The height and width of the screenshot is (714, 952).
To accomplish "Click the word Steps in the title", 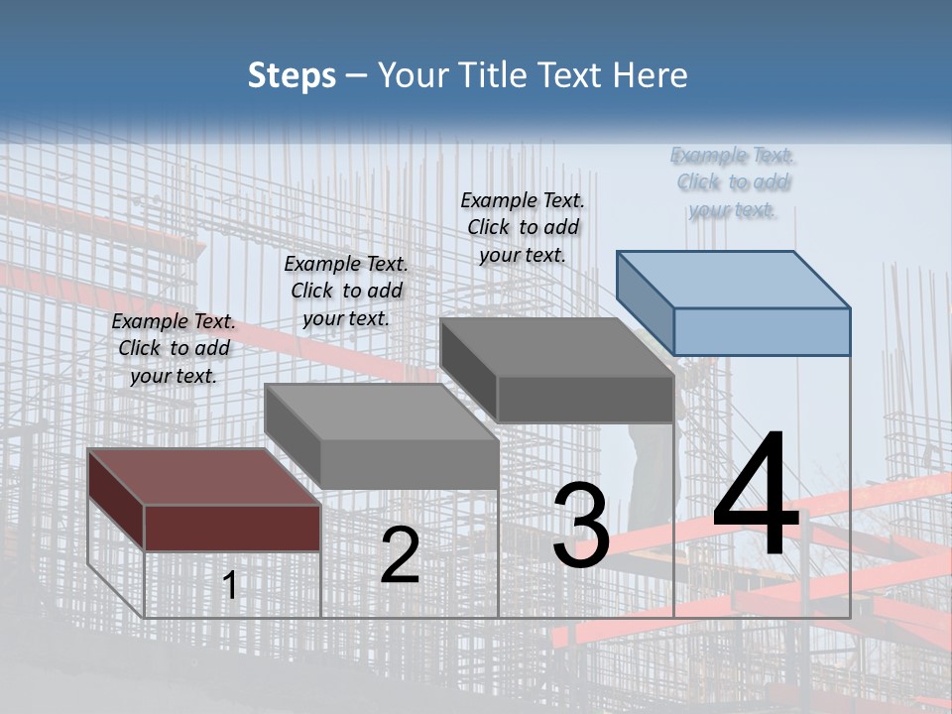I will point(292,75).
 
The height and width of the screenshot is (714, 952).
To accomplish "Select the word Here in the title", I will point(651,75).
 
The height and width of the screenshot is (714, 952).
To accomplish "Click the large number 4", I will point(756,496).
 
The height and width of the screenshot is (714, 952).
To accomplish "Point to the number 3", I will point(581,526).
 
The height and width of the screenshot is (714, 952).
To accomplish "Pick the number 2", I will point(400,555).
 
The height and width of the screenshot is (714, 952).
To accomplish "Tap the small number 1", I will point(230,586).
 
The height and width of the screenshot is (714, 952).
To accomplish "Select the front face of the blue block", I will point(762,331).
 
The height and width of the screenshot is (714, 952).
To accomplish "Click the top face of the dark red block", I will point(204,477).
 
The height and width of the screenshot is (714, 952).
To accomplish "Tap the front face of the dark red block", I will point(232,528).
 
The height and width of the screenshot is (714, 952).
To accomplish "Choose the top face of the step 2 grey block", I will point(381,412).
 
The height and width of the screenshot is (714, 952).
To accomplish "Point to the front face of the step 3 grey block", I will point(585,400).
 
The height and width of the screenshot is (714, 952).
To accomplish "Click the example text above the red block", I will point(174,349).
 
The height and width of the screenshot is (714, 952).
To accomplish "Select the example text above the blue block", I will point(733,182).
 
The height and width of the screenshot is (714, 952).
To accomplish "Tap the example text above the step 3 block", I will point(523,228).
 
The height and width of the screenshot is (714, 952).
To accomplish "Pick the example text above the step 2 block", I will point(346,292).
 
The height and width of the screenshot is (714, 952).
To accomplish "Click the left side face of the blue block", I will point(645,302).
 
